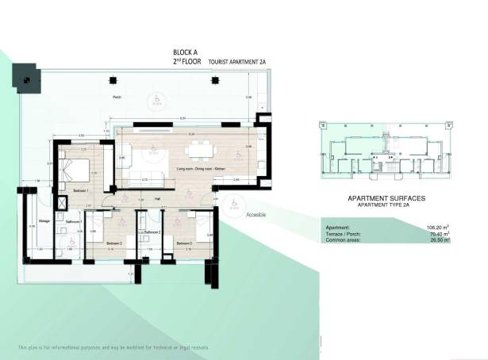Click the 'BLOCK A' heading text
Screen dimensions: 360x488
point(186,50)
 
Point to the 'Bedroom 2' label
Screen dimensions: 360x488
point(114,243)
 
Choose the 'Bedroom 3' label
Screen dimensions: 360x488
point(184,243)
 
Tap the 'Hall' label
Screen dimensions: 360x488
point(157,198)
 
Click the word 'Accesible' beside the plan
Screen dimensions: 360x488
point(256,215)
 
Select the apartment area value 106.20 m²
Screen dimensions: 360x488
point(437,228)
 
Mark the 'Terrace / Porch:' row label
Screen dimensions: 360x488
point(343,234)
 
